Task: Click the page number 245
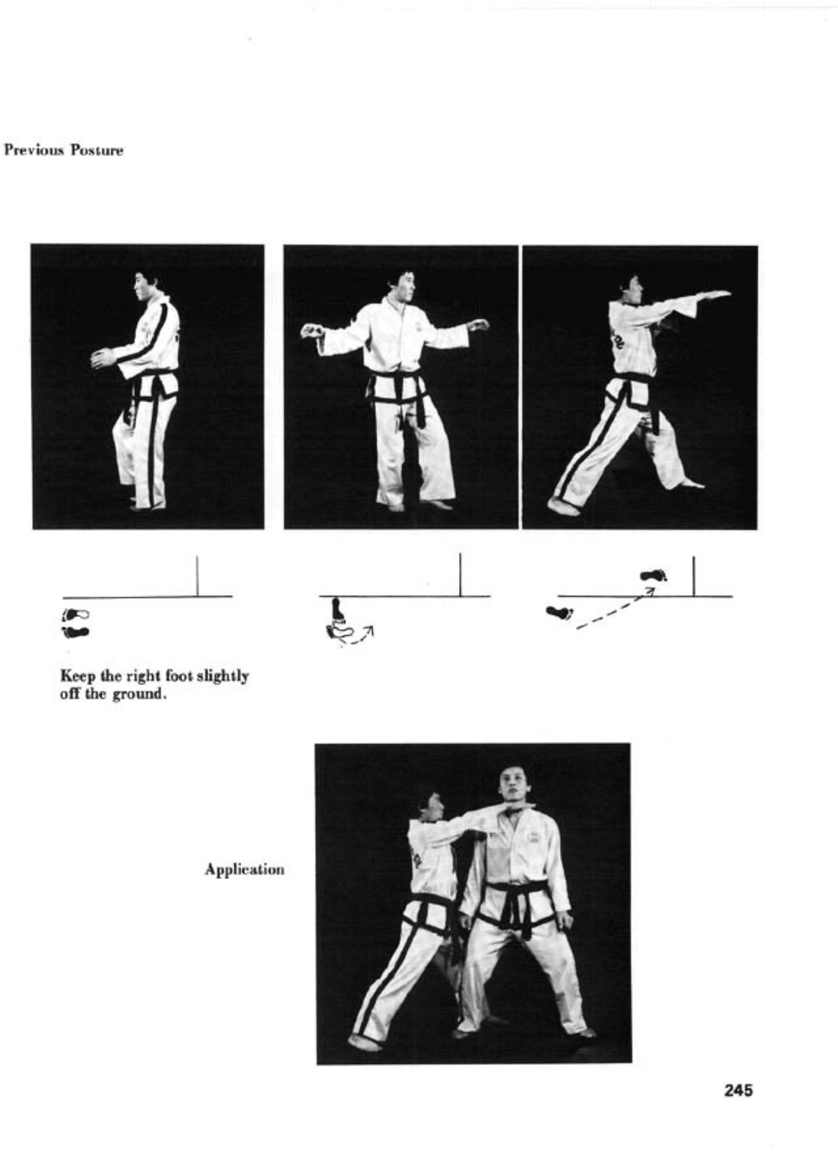(x=738, y=1091)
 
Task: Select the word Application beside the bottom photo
(x=244, y=870)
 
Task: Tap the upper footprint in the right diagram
(x=654, y=575)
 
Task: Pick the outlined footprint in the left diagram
(x=76, y=615)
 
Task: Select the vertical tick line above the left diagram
(x=197, y=576)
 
